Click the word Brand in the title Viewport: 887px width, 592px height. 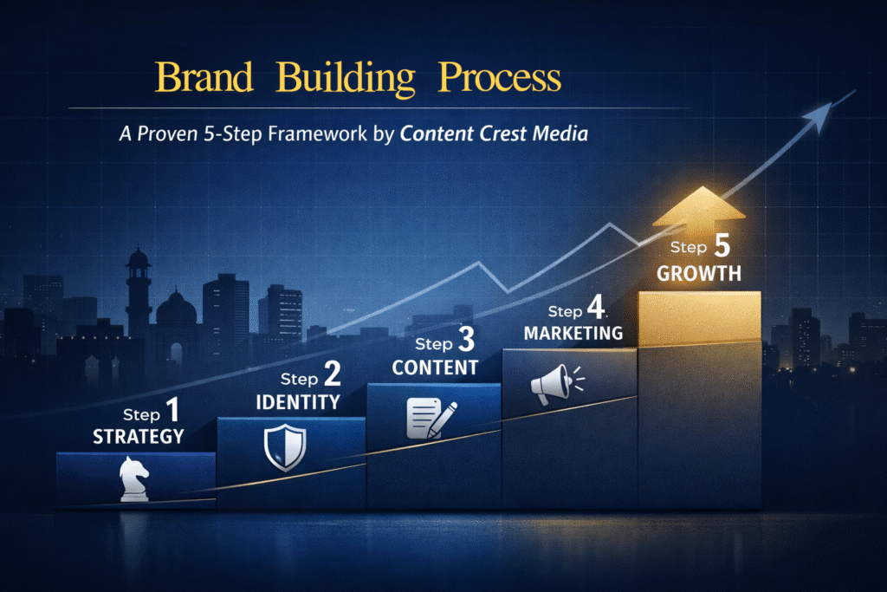click(x=205, y=78)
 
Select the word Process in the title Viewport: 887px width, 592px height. click(x=500, y=78)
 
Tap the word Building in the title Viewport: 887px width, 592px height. click(x=346, y=79)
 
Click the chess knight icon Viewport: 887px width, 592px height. click(x=133, y=479)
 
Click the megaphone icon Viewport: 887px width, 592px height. click(x=551, y=384)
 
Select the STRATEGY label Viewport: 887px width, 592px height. click(x=139, y=436)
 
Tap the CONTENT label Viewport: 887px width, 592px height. click(x=435, y=368)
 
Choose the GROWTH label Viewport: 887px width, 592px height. click(x=699, y=274)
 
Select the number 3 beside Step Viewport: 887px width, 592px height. click(x=466, y=343)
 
